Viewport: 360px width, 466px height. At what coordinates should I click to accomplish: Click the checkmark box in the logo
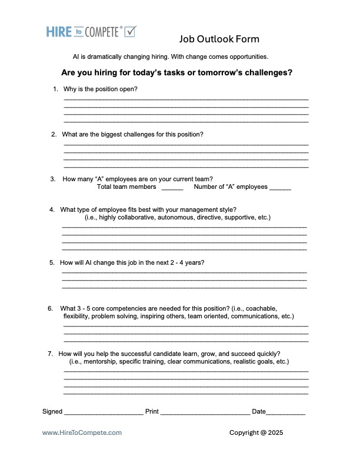pyautogui.click(x=130, y=31)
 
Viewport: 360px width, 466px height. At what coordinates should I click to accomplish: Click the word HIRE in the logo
pyautogui.click(x=59, y=32)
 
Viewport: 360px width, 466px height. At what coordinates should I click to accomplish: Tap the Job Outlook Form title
pyautogui.click(x=219, y=39)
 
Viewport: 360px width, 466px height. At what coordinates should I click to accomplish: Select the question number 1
pyautogui.click(x=55, y=89)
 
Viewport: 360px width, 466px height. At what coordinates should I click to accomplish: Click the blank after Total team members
pyautogui.click(x=172, y=188)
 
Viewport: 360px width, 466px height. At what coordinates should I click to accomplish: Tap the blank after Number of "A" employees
pyautogui.click(x=280, y=188)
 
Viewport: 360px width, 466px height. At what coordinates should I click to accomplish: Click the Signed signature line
pyautogui.click(x=104, y=412)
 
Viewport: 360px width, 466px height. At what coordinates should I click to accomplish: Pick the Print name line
pyautogui.click(x=205, y=412)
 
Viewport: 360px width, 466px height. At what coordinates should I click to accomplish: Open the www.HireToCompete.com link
pyautogui.click(x=82, y=432)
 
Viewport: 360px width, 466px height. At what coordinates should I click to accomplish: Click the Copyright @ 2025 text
pyautogui.click(x=256, y=432)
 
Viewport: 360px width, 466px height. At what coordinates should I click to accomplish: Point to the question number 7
pyautogui.click(x=51, y=354)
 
